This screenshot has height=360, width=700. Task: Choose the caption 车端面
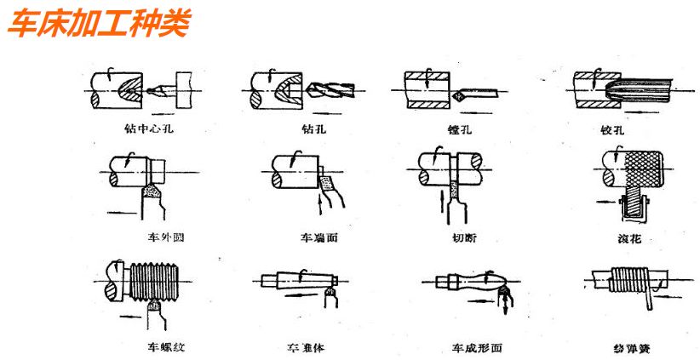point(318,237)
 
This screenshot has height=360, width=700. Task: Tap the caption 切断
point(460,237)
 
